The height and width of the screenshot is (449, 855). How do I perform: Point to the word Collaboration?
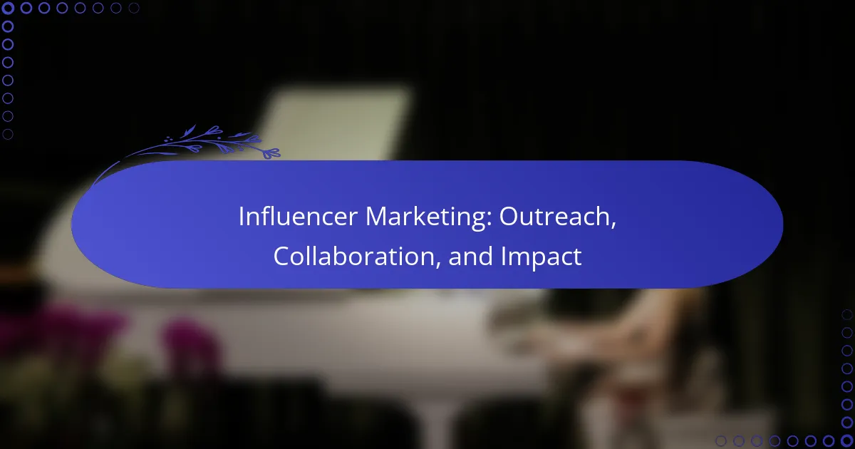click(x=356, y=257)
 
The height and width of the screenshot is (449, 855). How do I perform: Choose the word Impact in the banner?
click(x=541, y=257)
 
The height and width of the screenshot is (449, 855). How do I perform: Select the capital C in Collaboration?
click(x=282, y=257)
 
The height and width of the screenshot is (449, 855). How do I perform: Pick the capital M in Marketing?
click(x=377, y=217)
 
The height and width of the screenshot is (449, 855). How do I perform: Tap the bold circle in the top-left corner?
click(x=9, y=9)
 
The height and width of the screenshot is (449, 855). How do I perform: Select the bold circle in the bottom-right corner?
click(x=846, y=440)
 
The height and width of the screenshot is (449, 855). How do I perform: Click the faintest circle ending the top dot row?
click(x=134, y=9)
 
